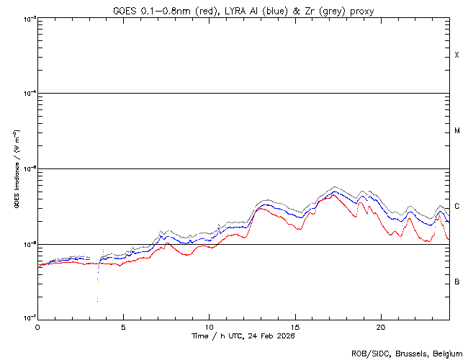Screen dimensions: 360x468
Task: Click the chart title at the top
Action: click(243, 11)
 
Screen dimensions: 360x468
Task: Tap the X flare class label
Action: click(456, 55)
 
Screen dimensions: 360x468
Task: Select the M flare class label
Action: click(456, 130)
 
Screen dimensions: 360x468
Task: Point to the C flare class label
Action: click(456, 206)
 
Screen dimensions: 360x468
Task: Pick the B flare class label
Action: click(456, 282)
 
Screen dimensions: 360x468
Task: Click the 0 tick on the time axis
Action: click(37, 326)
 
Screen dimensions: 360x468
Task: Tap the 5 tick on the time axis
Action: click(123, 326)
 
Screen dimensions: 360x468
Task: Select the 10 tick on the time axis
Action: click(209, 326)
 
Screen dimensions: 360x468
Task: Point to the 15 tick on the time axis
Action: click(294, 326)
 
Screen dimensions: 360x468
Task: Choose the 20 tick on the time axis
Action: click(380, 326)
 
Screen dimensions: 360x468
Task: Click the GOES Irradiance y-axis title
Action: click(16, 168)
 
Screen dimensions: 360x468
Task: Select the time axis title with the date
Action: click(243, 336)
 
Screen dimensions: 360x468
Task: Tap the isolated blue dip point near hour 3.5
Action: click(97, 300)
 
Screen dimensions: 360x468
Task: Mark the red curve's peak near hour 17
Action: click(333, 193)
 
